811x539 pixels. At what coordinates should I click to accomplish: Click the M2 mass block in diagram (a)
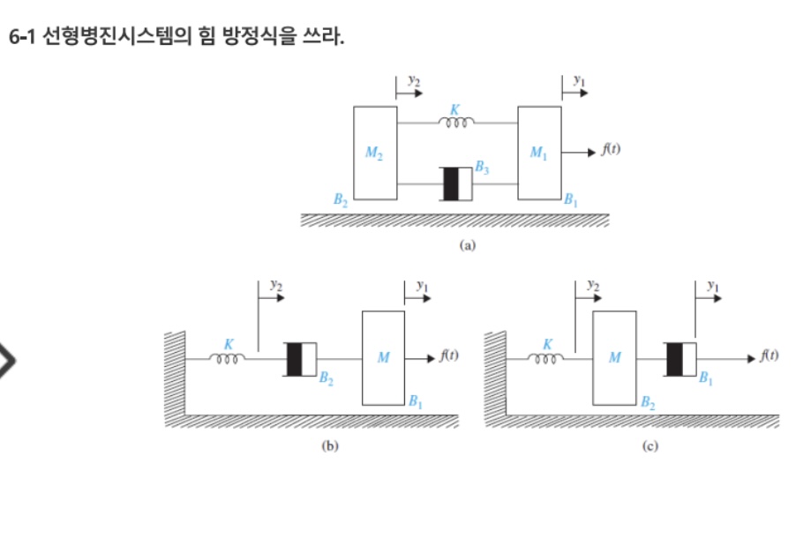coord(375,153)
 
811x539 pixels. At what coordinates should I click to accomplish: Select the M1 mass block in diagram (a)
coord(539,153)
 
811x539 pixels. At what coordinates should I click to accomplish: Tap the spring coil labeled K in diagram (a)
coord(455,123)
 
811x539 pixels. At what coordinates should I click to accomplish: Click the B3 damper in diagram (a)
coord(455,183)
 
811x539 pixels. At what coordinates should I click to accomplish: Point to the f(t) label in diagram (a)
coord(611,149)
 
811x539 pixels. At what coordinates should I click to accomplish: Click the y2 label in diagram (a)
coord(414,80)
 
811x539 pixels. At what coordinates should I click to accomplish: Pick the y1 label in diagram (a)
coord(579,80)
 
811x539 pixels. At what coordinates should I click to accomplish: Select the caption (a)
coord(467,244)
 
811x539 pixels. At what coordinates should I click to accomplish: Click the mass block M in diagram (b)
coord(383,358)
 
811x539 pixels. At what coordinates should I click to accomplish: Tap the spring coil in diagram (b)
coord(227,358)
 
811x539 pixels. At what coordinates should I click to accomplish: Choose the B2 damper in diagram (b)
coord(300,359)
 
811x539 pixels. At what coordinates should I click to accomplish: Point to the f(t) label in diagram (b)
coord(449,356)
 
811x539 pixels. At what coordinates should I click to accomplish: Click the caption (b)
coord(330,445)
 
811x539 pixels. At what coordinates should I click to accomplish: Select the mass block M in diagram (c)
coord(614,358)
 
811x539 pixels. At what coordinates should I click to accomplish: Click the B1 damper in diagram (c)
coord(680,359)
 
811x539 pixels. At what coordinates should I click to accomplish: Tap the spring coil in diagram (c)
coord(545,358)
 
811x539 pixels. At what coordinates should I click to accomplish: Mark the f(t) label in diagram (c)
coord(770,356)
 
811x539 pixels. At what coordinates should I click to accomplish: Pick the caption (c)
coord(650,445)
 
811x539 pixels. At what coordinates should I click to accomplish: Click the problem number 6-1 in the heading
coord(22,37)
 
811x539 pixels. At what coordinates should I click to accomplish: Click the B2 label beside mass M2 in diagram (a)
coord(341,199)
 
